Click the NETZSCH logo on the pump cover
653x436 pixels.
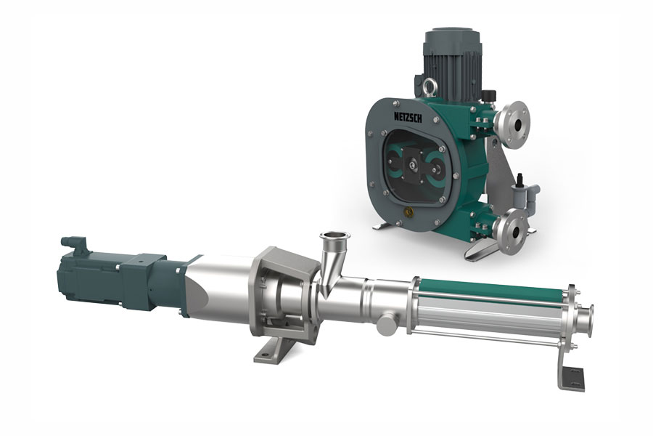point(408,117)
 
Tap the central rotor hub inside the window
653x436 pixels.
point(412,165)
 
